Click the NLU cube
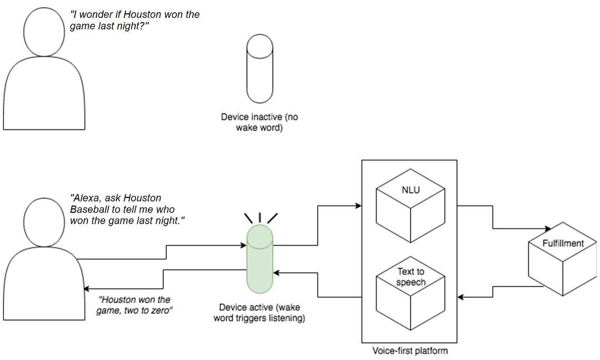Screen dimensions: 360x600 [x=411, y=205]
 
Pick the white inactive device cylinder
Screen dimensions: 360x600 [x=260, y=68]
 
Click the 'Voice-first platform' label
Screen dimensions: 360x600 [x=410, y=350]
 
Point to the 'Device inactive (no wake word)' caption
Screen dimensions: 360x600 [x=259, y=122]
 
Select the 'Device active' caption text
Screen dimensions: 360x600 [x=259, y=313]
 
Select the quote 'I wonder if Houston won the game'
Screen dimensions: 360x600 [x=135, y=20]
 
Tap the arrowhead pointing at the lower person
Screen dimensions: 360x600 [x=87, y=289]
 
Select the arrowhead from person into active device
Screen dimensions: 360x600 [x=243, y=245]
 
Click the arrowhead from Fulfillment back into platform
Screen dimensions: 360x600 [x=461, y=298]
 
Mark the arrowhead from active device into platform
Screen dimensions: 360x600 [x=358, y=205]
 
